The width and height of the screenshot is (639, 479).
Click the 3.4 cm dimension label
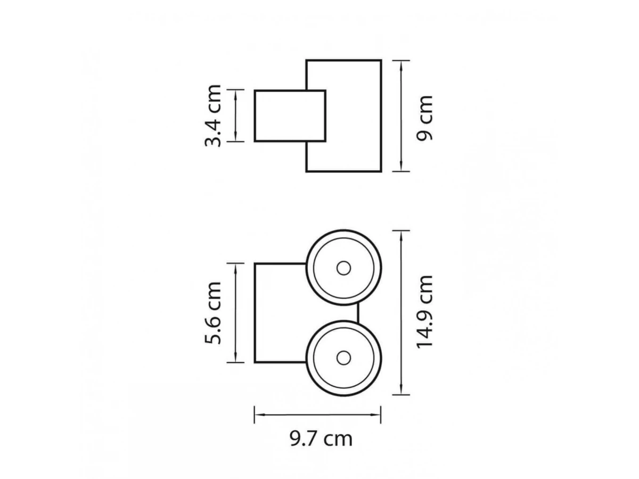point(213,115)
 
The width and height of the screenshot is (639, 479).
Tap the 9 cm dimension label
point(424,118)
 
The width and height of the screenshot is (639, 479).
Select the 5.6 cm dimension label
point(213,313)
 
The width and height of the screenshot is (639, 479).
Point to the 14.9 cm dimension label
point(424,312)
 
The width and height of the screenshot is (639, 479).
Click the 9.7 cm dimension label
point(321,439)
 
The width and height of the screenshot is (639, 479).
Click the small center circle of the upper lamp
point(343,268)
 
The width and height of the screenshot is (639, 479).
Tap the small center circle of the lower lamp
point(343,358)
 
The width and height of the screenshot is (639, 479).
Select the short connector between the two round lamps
point(358,313)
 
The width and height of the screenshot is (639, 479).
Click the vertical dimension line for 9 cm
point(401,116)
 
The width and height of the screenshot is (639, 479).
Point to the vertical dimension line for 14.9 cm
point(401,312)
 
